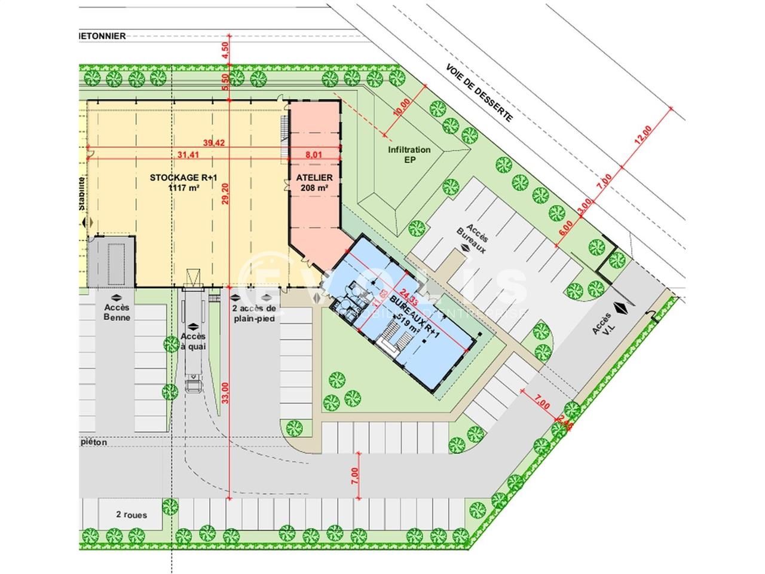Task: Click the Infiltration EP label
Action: (409, 155)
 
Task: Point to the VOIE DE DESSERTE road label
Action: (479, 93)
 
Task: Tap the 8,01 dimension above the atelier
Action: (314, 155)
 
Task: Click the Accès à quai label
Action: (192, 340)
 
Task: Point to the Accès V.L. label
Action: (602, 326)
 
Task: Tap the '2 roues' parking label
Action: (131, 515)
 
